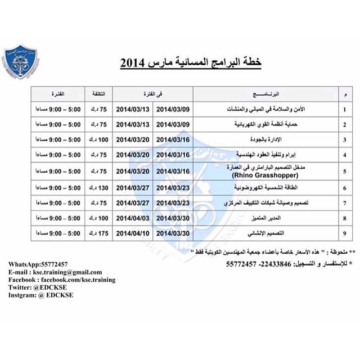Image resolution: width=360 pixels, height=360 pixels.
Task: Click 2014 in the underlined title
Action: click(134, 63)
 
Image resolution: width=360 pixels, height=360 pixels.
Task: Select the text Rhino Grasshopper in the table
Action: click(266, 175)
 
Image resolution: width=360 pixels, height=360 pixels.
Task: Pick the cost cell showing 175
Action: click(99, 232)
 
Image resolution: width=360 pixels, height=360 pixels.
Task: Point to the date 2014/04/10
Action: click(133, 232)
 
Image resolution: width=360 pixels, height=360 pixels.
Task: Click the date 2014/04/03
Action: click(133, 217)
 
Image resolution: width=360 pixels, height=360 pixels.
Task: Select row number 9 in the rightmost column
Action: click(345, 232)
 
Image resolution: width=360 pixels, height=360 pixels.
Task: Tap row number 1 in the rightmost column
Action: click(345, 109)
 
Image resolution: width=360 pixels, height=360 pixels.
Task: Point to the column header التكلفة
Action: click(98, 93)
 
